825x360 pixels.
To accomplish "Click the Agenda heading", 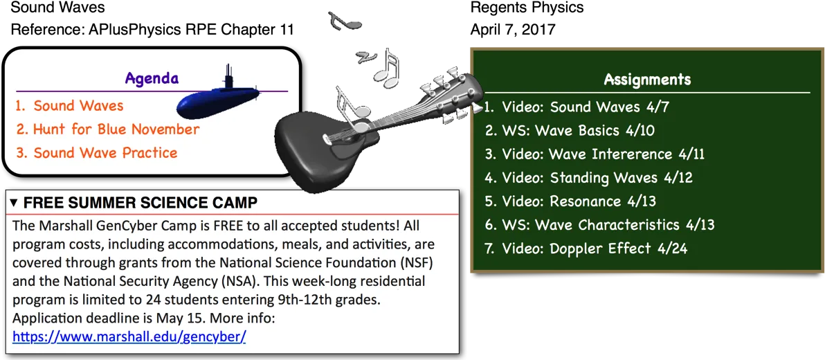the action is coord(152,79).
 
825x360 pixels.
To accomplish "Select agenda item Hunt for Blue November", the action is coord(108,129).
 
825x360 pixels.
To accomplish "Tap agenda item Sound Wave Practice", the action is coord(96,152).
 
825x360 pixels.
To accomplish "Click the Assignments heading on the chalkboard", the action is coord(647,80).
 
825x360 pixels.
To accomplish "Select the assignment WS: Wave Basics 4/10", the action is coord(570,130).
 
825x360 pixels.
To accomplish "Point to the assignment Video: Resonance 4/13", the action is coord(570,201).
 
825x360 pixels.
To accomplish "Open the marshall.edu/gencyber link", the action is coord(129,337).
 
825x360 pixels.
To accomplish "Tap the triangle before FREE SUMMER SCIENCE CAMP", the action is coord(15,202).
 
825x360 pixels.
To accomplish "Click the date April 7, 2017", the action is coord(512,28).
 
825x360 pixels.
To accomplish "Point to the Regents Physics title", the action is coord(527,8).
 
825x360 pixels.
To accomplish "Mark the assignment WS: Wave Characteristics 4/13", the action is coord(600,225).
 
